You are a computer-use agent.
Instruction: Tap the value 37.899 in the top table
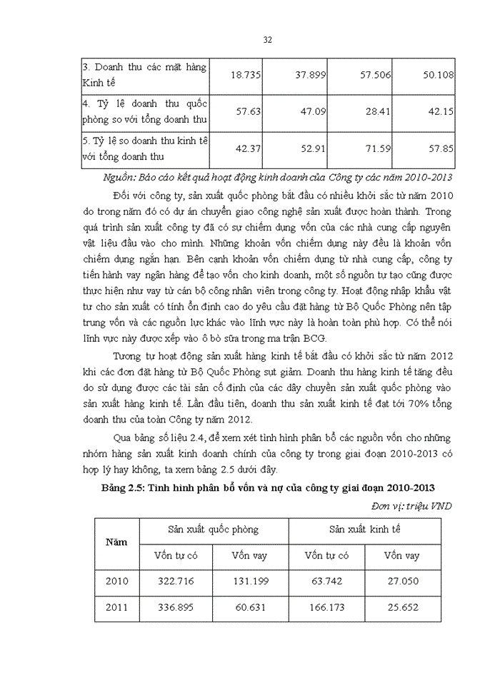point(309,74)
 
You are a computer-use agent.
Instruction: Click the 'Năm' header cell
point(116,542)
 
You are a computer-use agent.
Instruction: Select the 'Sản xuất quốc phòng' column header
point(213,529)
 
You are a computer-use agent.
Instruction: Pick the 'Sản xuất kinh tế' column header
point(364,529)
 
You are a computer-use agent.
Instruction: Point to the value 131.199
point(250,581)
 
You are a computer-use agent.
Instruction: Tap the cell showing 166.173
point(326,608)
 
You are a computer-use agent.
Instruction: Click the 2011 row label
point(116,608)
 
